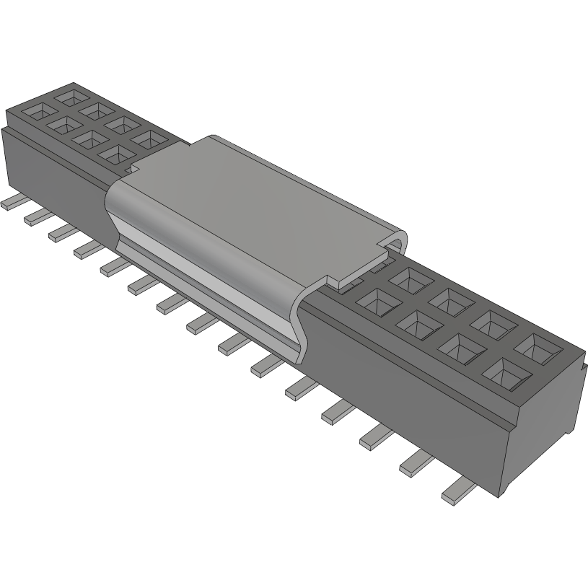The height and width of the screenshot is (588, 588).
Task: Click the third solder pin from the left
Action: pyautogui.click(x=62, y=232)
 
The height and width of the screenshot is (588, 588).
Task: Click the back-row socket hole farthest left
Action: pyautogui.click(x=70, y=95)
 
